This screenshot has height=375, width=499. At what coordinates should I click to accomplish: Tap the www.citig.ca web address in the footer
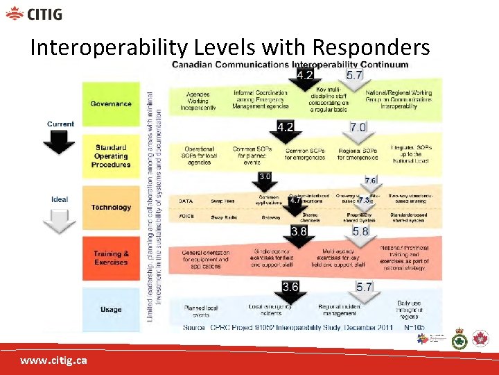53,361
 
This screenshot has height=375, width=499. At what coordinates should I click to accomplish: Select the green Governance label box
111,104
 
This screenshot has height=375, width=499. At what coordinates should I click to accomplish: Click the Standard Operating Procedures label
111,156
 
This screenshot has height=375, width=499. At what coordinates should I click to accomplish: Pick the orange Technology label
111,208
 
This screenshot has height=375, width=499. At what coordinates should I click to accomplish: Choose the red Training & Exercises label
111,258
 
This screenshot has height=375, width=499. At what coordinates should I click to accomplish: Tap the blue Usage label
111,310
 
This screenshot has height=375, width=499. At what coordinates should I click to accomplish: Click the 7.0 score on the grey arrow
358,128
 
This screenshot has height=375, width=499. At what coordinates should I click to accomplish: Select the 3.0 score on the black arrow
265,176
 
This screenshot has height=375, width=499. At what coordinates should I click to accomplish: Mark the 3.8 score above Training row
299,231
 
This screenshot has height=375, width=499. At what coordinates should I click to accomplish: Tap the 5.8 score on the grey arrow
360,231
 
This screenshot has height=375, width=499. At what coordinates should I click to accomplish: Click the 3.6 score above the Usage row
290,286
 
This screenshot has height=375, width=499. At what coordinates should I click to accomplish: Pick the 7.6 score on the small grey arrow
370,181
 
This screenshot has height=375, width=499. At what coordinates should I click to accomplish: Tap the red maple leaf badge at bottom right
480,339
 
